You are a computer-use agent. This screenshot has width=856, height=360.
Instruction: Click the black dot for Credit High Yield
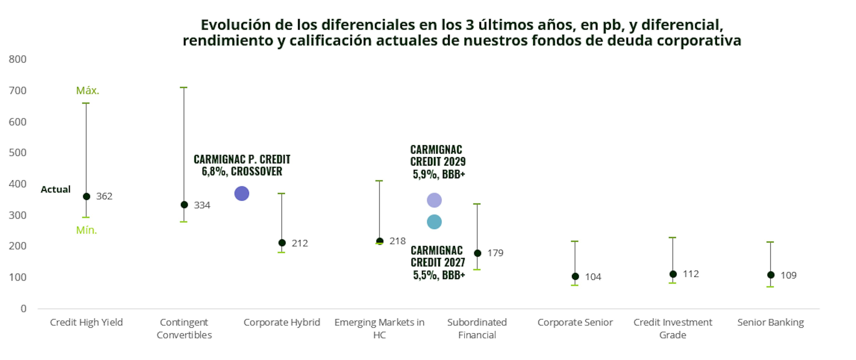click(x=86, y=197)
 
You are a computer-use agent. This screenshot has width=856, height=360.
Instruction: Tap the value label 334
click(x=202, y=205)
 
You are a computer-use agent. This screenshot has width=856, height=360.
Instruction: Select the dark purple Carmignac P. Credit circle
click(x=242, y=193)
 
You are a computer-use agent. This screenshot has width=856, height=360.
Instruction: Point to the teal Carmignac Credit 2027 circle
click(x=434, y=222)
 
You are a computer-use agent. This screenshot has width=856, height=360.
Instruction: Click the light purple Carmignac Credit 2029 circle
click(x=434, y=200)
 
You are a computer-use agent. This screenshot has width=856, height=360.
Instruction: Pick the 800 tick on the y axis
click(x=18, y=59)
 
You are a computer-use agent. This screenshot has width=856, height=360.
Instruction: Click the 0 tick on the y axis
click(x=23, y=308)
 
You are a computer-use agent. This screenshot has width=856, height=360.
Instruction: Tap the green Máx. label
click(x=87, y=90)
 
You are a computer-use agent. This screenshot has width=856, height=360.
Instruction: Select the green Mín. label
click(x=86, y=230)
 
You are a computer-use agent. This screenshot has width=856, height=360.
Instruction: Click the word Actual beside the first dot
click(x=56, y=189)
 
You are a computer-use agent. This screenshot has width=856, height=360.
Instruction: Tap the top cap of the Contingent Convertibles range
click(x=184, y=87)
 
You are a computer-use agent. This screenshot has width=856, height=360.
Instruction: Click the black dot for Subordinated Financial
click(x=477, y=253)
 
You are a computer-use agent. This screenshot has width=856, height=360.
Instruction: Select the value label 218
click(x=397, y=241)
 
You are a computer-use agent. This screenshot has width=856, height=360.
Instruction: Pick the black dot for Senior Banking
click(x=771, y=275)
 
